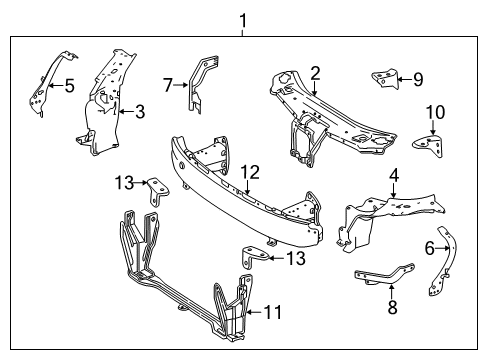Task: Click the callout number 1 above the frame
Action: [x=243, y=21]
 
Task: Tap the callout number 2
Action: [x=315, y=74]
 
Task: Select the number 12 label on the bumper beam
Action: [x=250, y=172]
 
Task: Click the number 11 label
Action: [x=273, y=312]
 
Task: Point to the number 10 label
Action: [x=436, y=112]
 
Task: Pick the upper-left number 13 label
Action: [x=124, y=183]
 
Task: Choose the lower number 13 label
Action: [x=296, y=258]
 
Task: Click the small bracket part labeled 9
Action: [x=386, y=79]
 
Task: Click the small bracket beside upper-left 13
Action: [x=156, y=191]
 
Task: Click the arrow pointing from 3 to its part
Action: [x=126, y=111]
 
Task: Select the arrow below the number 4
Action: [x=394, y=190]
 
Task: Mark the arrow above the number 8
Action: [x=391, y=292]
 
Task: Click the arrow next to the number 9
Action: [x=405, y=79]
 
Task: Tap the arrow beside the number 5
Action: [x=56, y=86]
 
